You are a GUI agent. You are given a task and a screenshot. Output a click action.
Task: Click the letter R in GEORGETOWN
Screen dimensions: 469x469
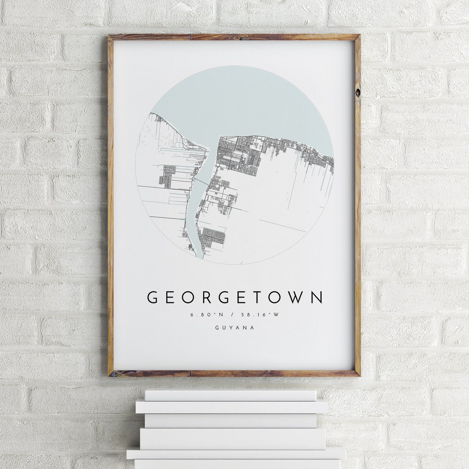coord(206,297)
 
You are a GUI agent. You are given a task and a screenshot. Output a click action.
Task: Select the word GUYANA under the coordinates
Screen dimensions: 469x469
coord(234,327)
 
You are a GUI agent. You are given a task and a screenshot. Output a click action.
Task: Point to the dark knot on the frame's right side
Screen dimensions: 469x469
coord(357,92)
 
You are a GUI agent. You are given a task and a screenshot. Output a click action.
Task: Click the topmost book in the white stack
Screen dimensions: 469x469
coord(230,395)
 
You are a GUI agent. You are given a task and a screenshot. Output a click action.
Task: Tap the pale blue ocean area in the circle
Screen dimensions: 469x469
coord(243,104)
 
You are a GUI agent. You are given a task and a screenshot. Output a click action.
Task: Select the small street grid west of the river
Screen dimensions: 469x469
coord(167,176)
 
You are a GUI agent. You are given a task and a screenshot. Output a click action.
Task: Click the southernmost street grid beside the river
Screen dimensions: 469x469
coord(213,237)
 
